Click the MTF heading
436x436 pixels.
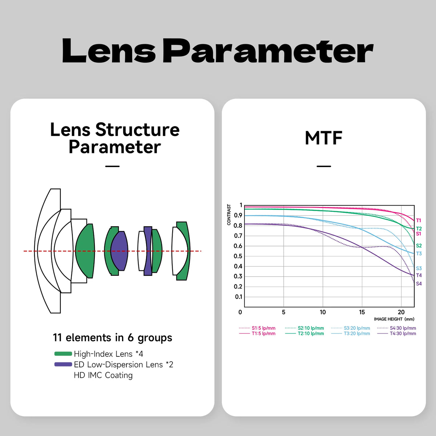324,138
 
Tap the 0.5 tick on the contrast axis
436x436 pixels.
238,256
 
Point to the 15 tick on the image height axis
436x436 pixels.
362,312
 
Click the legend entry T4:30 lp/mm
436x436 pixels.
396,334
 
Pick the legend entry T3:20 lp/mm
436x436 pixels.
350,334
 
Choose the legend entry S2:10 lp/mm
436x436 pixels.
304,328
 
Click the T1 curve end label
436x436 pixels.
419,221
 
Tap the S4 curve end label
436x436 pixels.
419,284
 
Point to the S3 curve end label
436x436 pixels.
419,269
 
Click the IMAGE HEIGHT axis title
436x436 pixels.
394,319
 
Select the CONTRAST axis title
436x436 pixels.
229,215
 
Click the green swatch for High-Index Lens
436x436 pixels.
63,354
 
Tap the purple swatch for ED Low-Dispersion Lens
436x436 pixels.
63,364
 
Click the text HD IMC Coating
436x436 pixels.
103,375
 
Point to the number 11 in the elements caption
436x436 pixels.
57,338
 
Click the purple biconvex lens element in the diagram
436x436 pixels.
119,251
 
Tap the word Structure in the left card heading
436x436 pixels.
137,130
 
